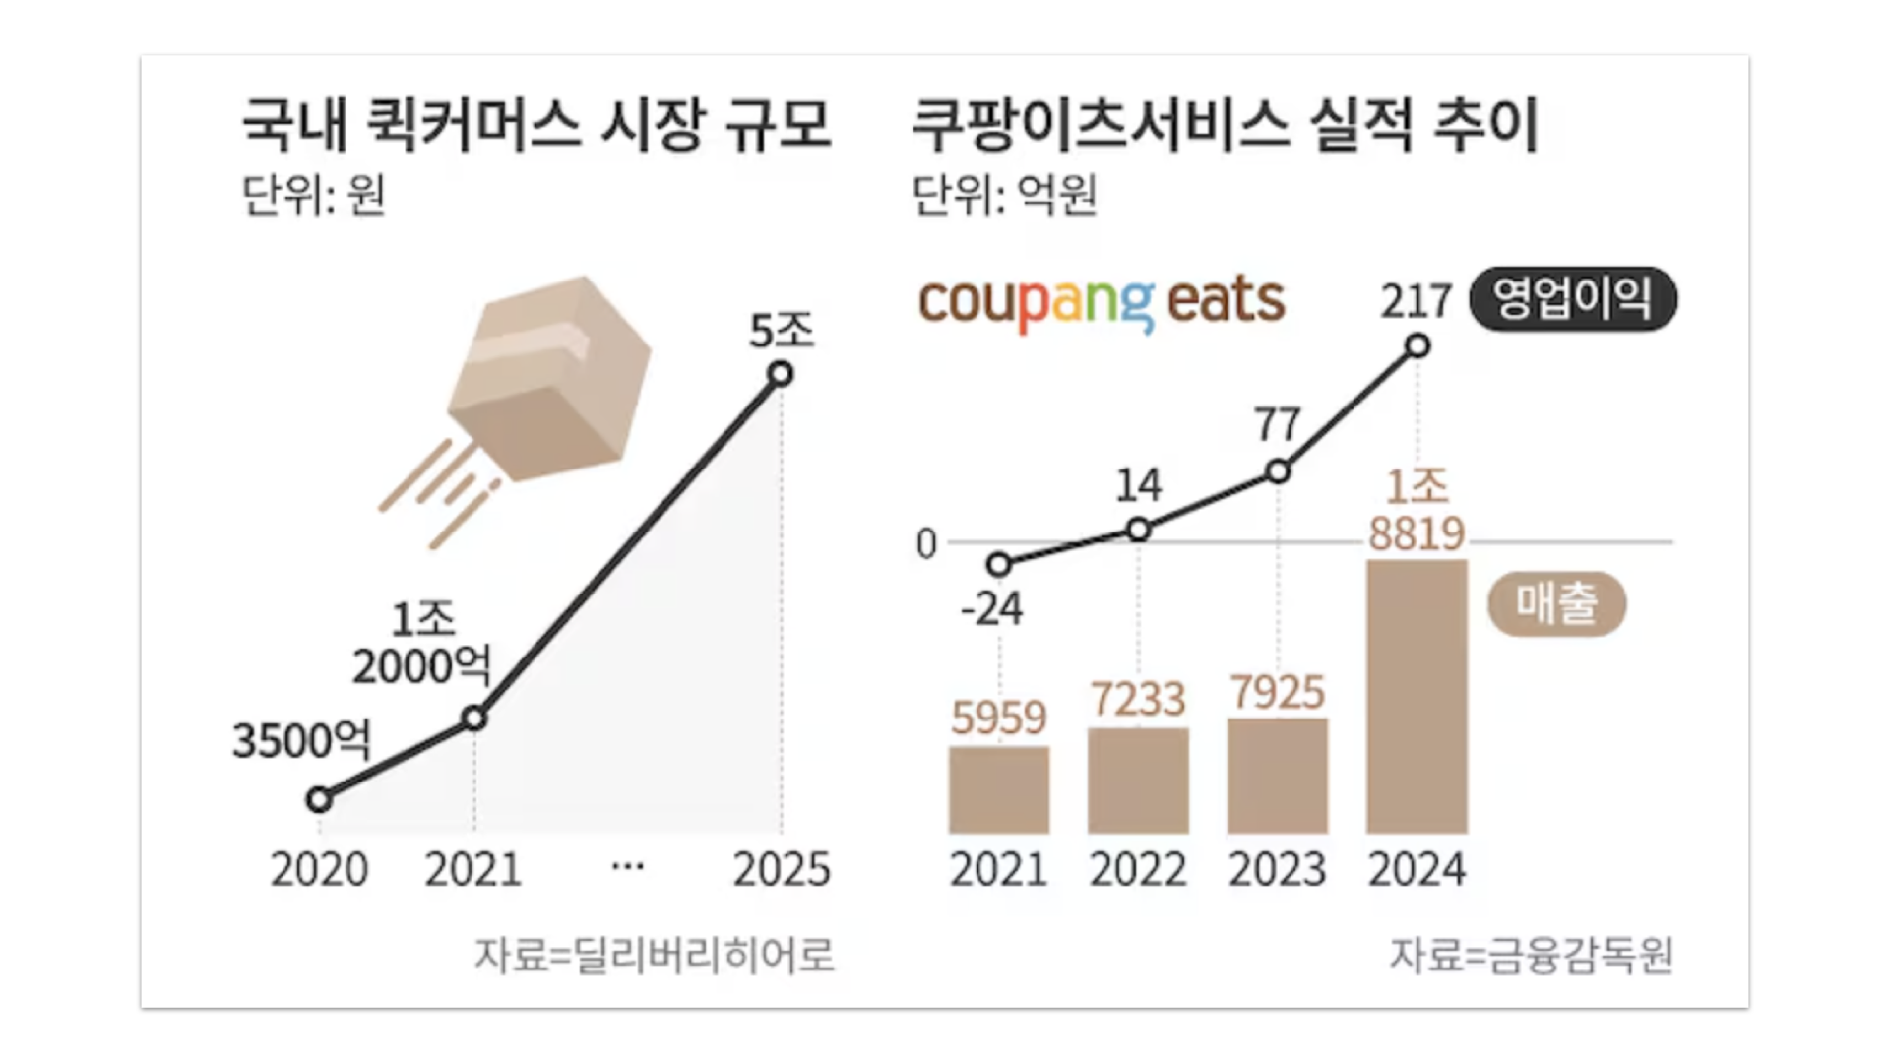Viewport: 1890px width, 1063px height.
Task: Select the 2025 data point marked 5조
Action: pos(781,374)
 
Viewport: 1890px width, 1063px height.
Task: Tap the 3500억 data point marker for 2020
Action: pos(319,800)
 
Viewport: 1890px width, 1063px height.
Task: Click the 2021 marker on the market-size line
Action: pos(474,719)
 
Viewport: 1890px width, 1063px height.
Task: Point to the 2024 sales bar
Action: pos(1417,696)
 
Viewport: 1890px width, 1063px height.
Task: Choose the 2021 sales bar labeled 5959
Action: pos(998,789)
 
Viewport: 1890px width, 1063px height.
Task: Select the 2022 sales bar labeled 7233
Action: pos(1138,781)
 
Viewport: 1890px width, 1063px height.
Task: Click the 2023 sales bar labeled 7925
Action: pos(1278,776)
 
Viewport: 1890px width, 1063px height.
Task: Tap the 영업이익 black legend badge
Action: pos(1572,299)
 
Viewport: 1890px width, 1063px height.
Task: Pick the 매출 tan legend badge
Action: pos(1556,603)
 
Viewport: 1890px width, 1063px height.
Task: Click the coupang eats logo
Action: pos(1102,302)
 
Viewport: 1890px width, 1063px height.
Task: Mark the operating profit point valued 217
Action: pos(1417,345)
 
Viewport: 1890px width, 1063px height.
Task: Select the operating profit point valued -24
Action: pos(999,564)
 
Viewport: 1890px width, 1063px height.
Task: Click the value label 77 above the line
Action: pos(1278,425)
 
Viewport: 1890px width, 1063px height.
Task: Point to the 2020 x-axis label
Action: pos(319,870)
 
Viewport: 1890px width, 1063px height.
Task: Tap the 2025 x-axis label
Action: pos(782,870)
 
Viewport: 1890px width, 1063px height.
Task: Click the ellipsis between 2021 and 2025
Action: pos(627,867)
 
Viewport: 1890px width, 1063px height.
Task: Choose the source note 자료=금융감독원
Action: pos(1531,954)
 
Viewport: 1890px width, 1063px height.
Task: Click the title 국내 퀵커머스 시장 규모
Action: pos(536,125)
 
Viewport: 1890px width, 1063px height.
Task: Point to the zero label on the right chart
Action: pos(925,544)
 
